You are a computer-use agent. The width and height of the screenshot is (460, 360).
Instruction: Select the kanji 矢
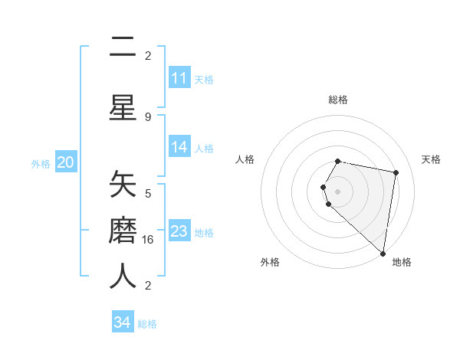point(123,185)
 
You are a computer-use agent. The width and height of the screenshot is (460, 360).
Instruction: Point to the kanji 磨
point(123,230)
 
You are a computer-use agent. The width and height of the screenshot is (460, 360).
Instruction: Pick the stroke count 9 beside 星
point(148,116)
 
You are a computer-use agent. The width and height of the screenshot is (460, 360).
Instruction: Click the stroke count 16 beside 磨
point(149,239)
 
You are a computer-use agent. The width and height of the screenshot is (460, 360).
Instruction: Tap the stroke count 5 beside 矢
point(148,193)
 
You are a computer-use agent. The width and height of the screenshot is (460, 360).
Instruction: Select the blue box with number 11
point(179,78)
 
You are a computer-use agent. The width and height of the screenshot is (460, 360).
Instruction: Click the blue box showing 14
point(179,147)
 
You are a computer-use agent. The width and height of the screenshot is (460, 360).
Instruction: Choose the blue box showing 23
point(179,231)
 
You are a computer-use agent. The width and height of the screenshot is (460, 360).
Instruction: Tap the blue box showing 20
point(65,162)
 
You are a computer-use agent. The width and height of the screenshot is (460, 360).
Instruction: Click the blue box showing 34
point(122,322)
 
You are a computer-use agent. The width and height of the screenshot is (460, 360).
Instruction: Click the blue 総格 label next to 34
point(147,324)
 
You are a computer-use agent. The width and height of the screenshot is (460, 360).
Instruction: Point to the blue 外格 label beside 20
point(41,163)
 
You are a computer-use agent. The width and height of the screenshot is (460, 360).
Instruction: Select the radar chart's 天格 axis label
point(431,159)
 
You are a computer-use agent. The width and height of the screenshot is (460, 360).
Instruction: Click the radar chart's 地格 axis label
point(402,262)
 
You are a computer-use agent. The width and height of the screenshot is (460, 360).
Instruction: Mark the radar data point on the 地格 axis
point(383,253)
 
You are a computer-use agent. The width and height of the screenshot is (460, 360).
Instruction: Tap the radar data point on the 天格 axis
point(396,173)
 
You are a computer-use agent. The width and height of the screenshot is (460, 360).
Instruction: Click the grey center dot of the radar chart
point(337,191)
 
